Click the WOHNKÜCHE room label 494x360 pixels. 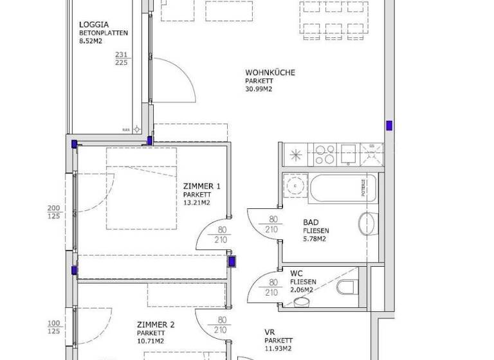click(270, 73)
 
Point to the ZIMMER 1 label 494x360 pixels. click(203, 186)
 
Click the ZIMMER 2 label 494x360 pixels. click(156, 325)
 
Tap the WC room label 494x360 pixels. click(297, 273)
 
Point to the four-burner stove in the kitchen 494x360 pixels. click(325, 155)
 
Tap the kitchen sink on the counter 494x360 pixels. click(349, 154)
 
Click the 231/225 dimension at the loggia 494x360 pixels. click(121, 59)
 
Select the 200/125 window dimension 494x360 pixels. click(54, 212)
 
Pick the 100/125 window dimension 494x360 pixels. click(54, 327)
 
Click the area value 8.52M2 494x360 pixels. click(91, 40)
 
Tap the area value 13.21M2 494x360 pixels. click(197, 203)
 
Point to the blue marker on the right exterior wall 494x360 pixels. click(389, 125)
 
